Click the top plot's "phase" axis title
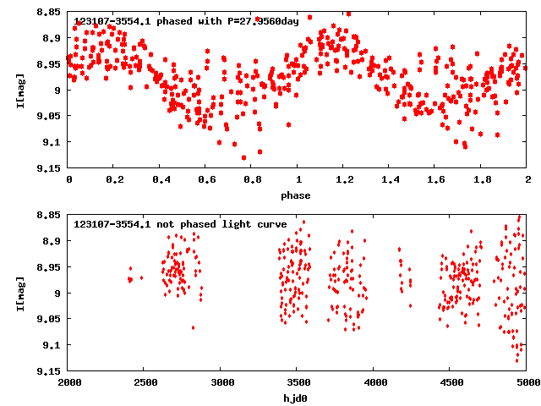click(x=296, y=195)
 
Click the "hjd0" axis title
click(x=296, y=398)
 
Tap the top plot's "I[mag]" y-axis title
click(x=19, y=90)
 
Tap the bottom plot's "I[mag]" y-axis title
click(x=19, y=293)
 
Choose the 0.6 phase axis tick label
click(x=206, y=180)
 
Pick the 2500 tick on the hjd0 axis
click(x=144, y=383)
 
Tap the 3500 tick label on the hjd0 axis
click(x=296, y=383)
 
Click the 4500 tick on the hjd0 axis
click(x=449, y=383)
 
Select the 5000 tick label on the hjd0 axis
click(x=525, y=383)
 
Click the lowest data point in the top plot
click(x=244, y=157)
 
